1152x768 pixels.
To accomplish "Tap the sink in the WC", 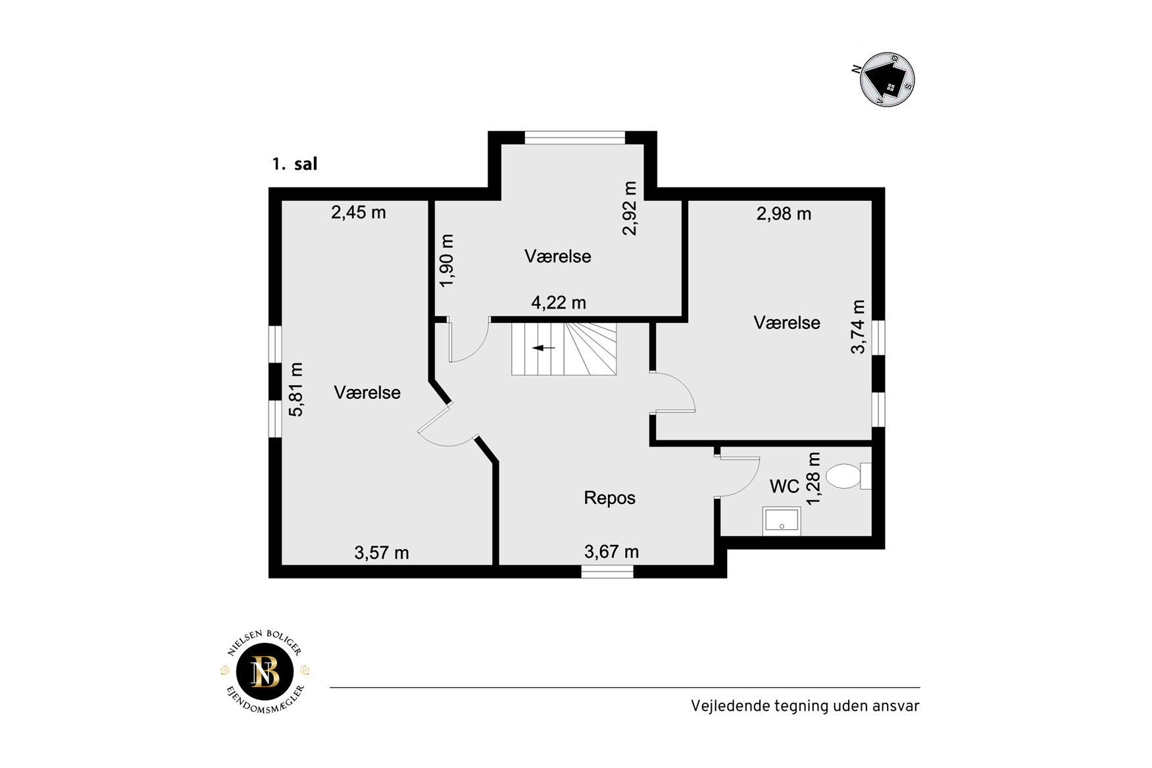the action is point(782,521).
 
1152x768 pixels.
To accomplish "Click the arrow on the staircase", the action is point(543,347).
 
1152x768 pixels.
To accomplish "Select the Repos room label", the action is point(610,498).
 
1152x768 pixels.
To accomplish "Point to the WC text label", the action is point(784,486).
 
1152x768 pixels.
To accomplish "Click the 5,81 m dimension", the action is point(297,390).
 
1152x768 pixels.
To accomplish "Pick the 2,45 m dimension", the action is point(359,213).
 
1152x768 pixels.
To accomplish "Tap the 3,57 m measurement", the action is point(382,553).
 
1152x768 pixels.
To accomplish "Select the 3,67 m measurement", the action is point(612,551).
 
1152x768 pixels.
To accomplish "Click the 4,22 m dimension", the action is point(559,303).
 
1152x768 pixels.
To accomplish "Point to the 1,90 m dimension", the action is point(447,261).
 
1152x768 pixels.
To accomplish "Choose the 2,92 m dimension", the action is point(630,208).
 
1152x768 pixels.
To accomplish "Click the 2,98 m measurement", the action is point(784,214).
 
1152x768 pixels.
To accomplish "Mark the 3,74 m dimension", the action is point(859,327).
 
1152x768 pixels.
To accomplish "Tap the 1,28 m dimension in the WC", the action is point(814,478).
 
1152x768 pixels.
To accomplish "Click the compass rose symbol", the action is point(888,80).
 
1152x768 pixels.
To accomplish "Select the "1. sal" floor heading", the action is point(295,164).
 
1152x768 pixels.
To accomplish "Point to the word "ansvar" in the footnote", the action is point(896,706).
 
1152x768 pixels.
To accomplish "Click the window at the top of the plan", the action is point(574,138).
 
